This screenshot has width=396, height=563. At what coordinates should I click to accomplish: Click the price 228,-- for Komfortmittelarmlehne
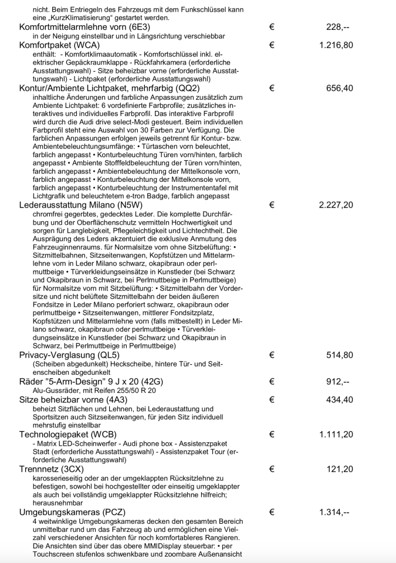pyautogui.click(x=339, y=28)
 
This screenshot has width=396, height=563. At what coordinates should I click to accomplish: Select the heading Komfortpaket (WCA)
pyautogui.click(x=59, y=45)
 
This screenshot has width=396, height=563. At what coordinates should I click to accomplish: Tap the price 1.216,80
pyautogui.click(x=336, y=45)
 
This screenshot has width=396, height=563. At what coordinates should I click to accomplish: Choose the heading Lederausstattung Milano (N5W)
pyautogui.click(x=81, y=205)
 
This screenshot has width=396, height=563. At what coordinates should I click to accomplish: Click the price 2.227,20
pyautogui.click(x=336, y=205)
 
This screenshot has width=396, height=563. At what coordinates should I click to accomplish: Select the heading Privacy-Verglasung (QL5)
pyautogui.click(x=69, y=355)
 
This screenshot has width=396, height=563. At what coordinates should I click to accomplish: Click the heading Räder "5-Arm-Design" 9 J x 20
pyautogui.click(x=91, y=381)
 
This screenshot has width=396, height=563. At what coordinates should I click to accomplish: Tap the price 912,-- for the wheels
pyautogui.click(x=339, y=381)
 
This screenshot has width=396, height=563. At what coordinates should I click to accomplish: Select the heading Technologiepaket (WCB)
pyautogui.click(x=67, y=435)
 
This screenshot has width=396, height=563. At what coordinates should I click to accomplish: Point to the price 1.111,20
pyautogui.click(x=336, y=435)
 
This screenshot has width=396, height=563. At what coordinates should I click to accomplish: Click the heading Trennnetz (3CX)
pyautogui.click(x=52, y=469)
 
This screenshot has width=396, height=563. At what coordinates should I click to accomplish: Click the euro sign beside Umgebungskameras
pyautogui.click(x=272, y=513)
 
